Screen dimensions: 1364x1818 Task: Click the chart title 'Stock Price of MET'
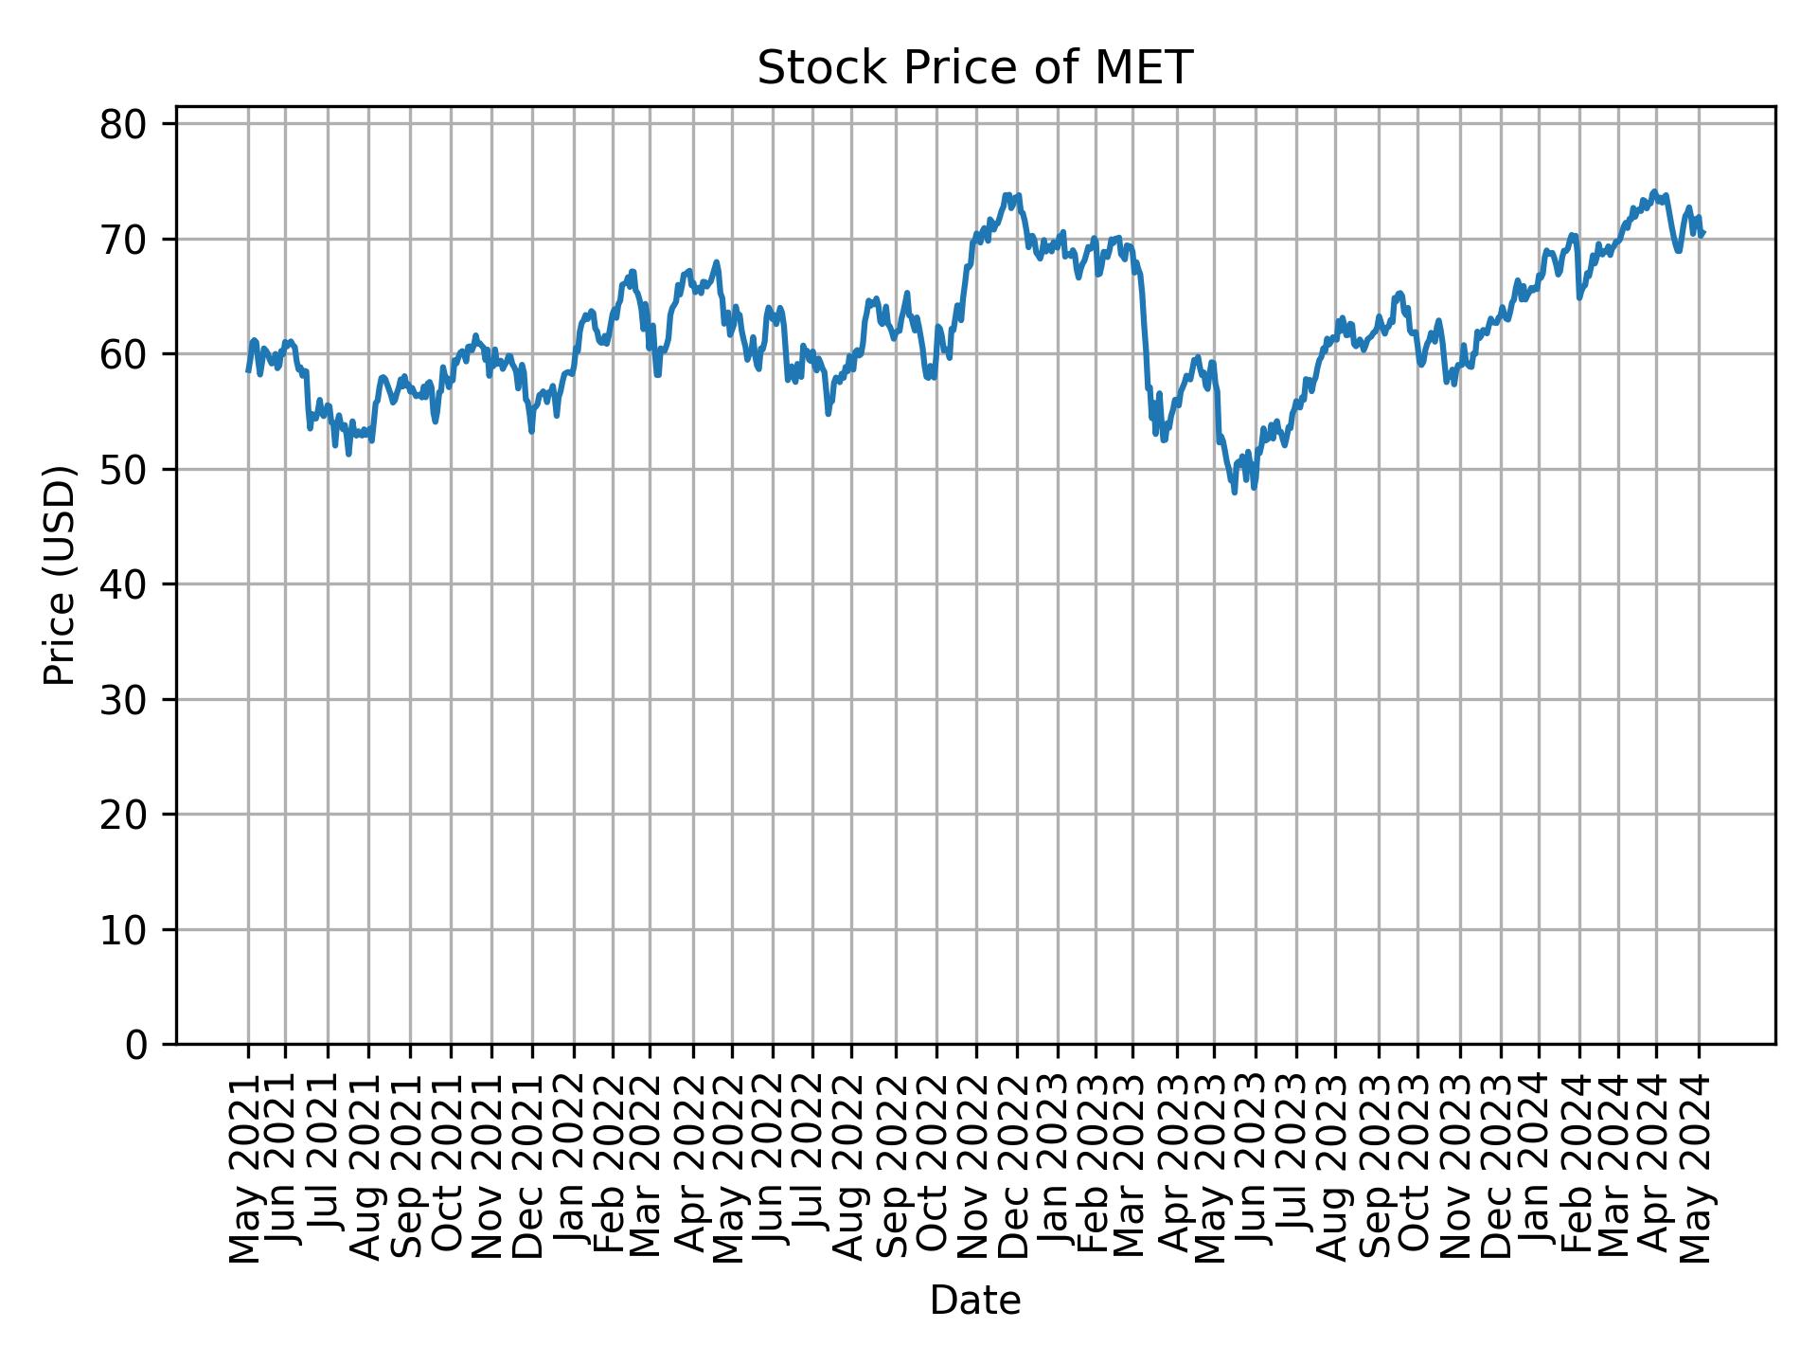tap(974, 68)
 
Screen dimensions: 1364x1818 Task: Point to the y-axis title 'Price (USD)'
tap(60, 575)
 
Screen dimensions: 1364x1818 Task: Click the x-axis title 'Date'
tap(974, 1301)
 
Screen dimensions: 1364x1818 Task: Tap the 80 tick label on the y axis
tap(123, 124)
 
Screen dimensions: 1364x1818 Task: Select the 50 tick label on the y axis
tap(123, 469)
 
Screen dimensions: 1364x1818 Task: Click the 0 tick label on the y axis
tap(135, 1044)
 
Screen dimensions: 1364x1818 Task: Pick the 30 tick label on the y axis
tap(123, 699)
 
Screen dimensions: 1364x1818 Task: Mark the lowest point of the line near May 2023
tap(1234, 492)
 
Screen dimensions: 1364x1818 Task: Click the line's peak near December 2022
tap(1007, 195)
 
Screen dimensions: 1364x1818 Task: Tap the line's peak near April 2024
tap(1654, 191)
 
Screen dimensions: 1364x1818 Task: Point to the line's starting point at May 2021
tap(248, 371)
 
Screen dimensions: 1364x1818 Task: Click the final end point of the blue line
tap(1703, 232)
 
